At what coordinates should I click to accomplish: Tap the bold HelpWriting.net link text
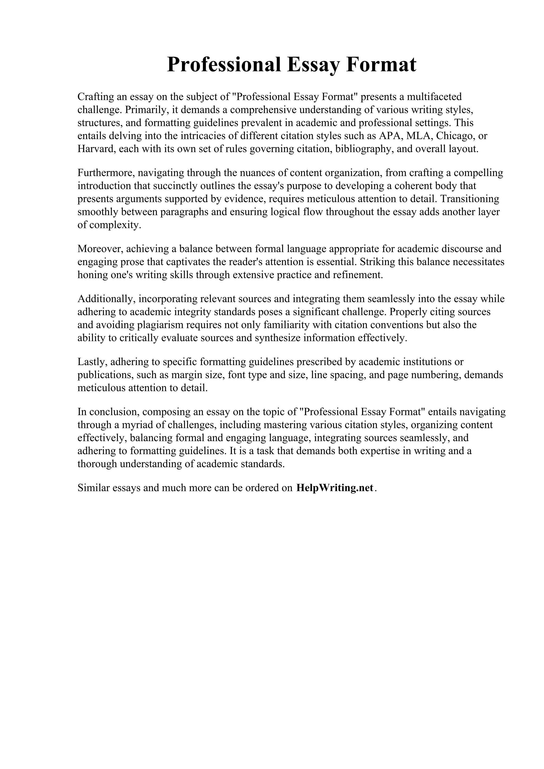pos(335,488)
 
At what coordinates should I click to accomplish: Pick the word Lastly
pos(92,362)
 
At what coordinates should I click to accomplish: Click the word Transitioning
pos(470,199)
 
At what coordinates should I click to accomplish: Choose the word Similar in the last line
pos(93,488)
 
